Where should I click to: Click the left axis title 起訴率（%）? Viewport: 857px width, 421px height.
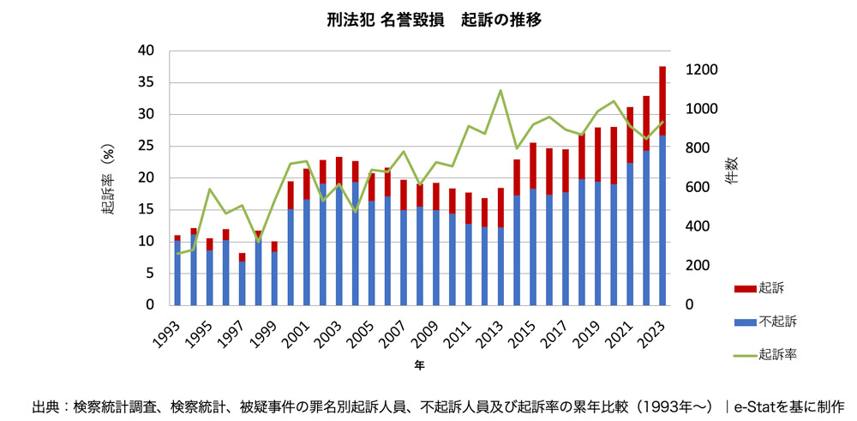tap(109, 178)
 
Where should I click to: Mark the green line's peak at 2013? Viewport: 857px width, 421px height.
tap(500, 90)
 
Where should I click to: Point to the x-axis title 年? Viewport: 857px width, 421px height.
tap(419, 365)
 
